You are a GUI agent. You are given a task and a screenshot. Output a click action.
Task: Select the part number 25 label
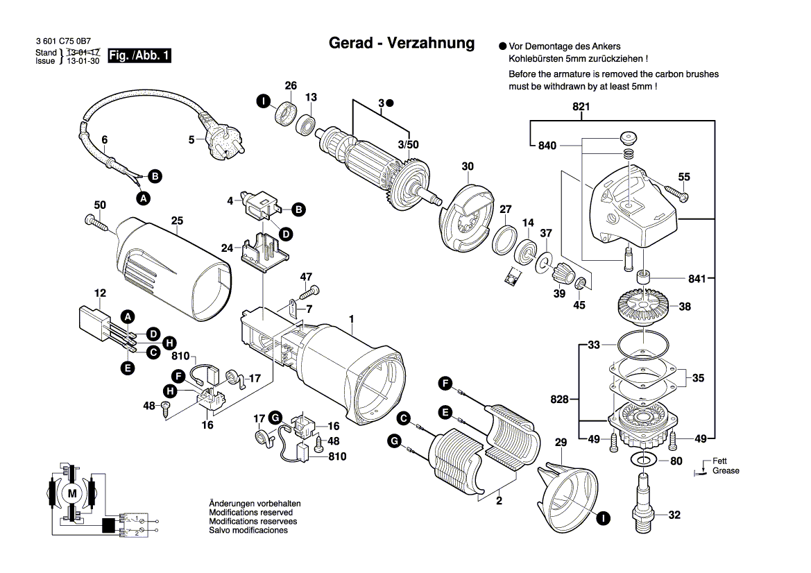pyautogui.click(x=177, y=221)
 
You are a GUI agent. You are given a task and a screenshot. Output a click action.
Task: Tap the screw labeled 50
pyautogui.click(x=95, y=222)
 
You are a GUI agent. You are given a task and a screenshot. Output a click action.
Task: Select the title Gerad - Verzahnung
pyautogui.click(x=401, y=43)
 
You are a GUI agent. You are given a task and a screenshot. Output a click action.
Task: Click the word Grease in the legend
pyautogui.click(x=726, y=471)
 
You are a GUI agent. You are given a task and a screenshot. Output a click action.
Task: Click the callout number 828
pyautogui.click(x=560, y=400)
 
